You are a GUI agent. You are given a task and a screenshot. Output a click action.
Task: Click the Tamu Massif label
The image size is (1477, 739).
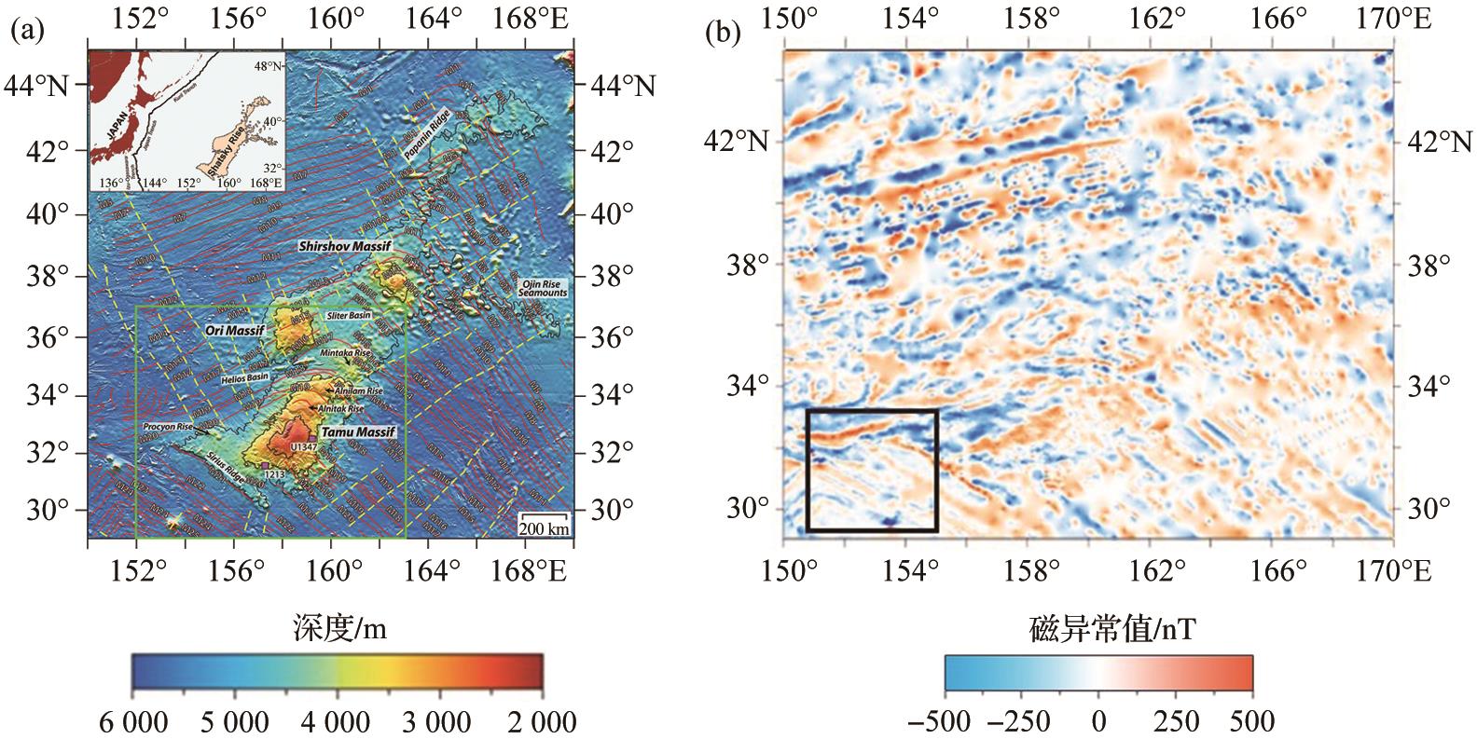358,432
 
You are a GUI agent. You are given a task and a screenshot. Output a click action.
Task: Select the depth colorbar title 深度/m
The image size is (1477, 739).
338,630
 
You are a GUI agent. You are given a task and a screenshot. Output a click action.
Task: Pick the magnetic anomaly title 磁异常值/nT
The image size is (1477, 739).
1098,630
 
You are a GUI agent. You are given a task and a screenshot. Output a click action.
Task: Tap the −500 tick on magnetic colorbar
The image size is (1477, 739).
945,722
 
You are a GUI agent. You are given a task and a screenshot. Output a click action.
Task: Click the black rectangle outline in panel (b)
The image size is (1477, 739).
872,410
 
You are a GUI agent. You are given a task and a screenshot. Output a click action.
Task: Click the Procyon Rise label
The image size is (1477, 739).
167,427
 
